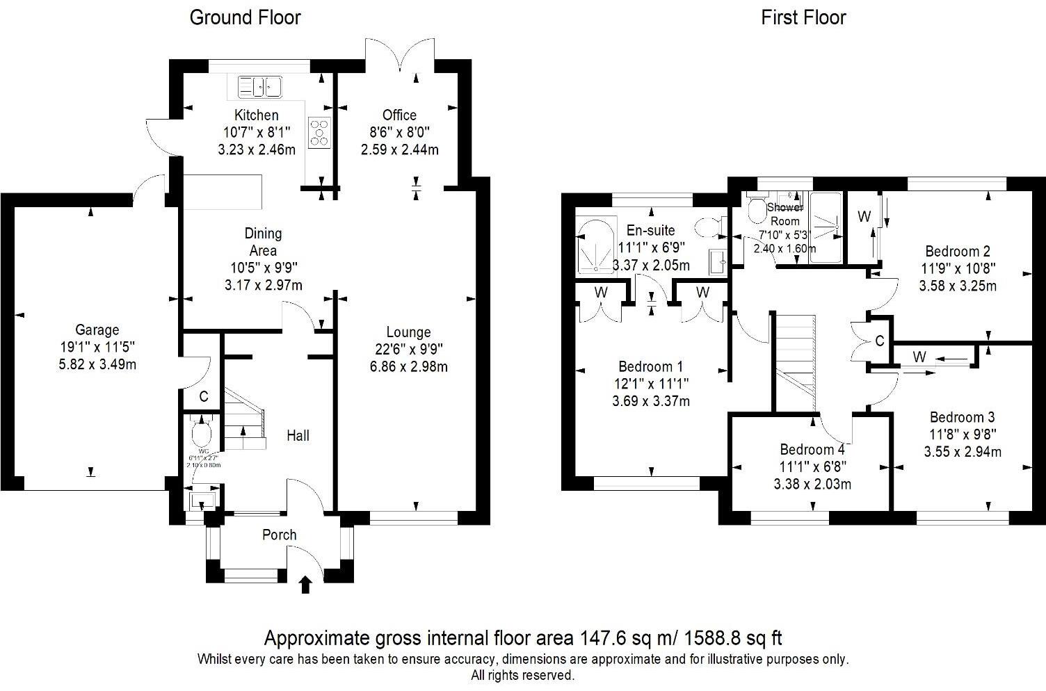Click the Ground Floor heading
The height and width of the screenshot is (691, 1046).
(x=245, y=17)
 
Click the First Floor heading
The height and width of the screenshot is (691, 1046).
(x=803, y=17)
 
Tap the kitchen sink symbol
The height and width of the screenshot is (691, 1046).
(x=259, y=86)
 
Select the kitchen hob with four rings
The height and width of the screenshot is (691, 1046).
(x=320, y=132)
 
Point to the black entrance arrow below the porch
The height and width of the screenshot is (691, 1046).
(x=305, y=585)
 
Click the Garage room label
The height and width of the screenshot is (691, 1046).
(x=97, y=330)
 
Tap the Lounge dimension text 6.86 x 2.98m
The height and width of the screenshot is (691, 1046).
(x=409, y=366)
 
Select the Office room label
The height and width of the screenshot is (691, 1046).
(x=399, y=115)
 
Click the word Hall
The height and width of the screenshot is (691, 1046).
(x=298, y=436)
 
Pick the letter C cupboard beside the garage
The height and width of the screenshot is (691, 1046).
(x=204, y=397)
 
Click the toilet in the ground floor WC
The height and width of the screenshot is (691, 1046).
(x=201, y=434)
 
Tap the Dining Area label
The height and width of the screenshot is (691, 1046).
(x=262, y=242)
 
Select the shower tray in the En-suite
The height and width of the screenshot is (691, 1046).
(x=595, y=247)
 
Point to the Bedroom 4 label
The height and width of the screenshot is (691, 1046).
(x=812, y=449)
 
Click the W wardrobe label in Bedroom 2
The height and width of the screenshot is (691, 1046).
(x=864, y=217)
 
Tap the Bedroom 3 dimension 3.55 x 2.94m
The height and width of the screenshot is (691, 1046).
(x=963, y=452)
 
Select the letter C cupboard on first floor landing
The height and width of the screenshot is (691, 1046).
(x=879, y=341)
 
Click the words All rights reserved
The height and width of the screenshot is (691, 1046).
(x=522, y=675)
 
